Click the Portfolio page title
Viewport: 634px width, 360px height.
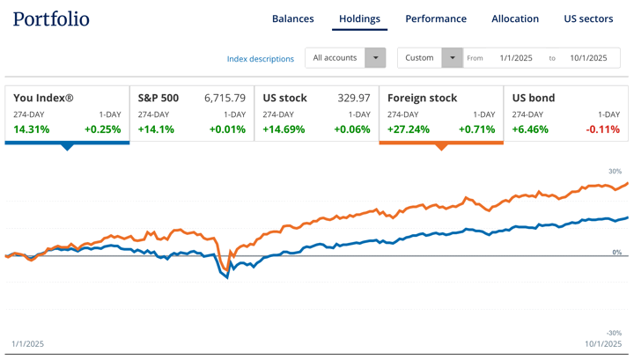[x=51, y=18]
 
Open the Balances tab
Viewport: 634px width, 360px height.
[x=292, y=18]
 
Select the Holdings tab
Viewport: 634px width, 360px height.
[x=359, y=18]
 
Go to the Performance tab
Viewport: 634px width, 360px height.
[x=436, y=18]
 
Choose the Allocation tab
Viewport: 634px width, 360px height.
[x=515, y=18]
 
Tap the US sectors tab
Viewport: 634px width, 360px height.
[x=588, y=18]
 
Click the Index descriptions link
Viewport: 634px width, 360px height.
[x=261, y=59]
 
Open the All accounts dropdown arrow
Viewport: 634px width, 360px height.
[x=375, y=58]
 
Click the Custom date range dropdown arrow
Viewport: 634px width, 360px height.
[x=452, y=58]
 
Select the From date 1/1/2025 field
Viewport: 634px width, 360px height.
[x=516, y=58]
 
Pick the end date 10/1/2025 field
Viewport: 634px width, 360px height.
[x=588, y=58]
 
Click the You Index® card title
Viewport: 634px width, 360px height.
[x=43, y=98]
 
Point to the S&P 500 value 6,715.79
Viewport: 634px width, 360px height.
[x=225, y=98]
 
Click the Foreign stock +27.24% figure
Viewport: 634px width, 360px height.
[x=409, y=129]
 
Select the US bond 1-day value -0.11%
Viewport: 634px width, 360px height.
[x=603, y=129]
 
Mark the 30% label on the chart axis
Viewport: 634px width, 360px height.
[x=615, y=172]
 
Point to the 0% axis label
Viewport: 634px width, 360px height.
[x=616, y=253]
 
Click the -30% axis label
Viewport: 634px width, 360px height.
[x=614, y=333]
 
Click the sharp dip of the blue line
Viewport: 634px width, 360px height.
[x=227, y=276]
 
